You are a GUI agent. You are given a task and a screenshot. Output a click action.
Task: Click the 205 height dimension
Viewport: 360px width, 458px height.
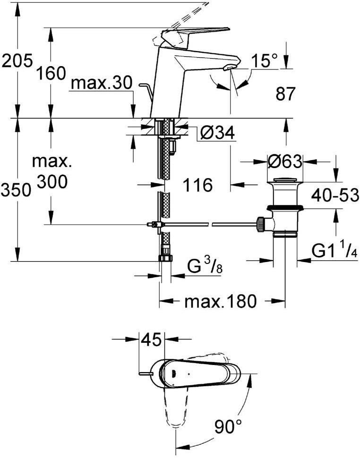coord(16,62)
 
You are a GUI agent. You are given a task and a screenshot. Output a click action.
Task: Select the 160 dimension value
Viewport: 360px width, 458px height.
coord(51,73)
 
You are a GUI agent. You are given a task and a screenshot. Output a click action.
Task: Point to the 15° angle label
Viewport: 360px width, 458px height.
coord(265,61)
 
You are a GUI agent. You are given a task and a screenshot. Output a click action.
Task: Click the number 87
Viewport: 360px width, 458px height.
coord(285,94)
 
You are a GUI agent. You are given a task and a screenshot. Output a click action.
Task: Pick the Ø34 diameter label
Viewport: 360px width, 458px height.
coord(218,134)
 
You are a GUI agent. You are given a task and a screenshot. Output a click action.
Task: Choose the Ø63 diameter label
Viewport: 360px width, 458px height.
coord(285,161)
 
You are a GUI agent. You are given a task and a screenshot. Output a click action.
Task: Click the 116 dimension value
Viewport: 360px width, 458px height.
coord(197,185)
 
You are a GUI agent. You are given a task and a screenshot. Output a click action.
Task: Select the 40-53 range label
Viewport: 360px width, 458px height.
coord(335,195)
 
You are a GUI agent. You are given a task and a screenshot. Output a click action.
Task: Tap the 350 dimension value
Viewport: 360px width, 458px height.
coord(16,190)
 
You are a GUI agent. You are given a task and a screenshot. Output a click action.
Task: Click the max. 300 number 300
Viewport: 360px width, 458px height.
coord(52,182)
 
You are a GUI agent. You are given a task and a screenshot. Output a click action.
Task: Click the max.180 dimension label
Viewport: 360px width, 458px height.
coord(220,301)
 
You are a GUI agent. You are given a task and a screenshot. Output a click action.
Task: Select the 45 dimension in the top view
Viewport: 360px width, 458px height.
coord(151,339)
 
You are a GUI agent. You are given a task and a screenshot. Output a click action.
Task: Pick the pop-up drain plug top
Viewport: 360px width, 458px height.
coord(285,179)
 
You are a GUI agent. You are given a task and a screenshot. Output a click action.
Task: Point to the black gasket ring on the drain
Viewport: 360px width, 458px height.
coord(285,208)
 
